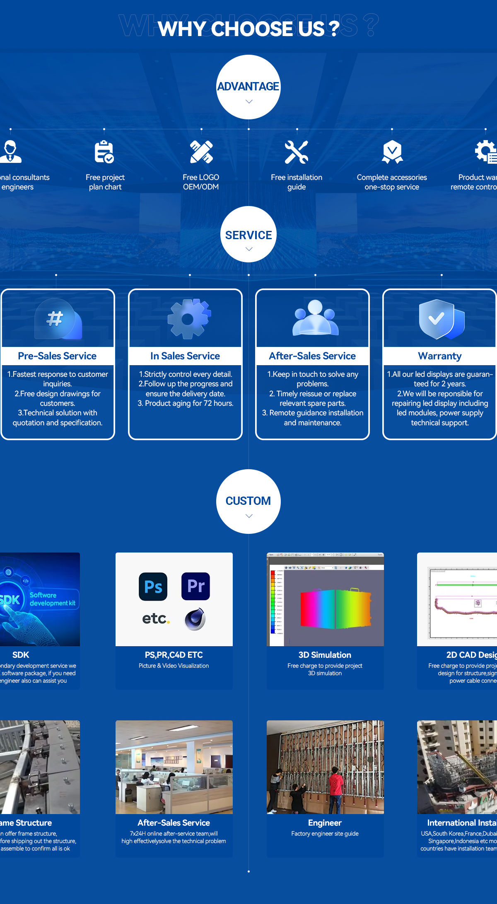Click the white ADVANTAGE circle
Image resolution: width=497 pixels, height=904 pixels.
(x=248, y=87)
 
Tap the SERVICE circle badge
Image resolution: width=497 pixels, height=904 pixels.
(x=248, y=234)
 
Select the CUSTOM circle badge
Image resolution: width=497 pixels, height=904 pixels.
(x=248, y=501)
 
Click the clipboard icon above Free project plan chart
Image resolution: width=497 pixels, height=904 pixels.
(x=104, y=152)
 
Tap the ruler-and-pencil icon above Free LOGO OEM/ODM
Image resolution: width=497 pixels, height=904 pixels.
(x=201, y=152)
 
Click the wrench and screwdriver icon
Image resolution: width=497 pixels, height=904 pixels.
(x=297, y=152)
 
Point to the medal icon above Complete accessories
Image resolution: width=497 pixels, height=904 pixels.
(x=392, y=151)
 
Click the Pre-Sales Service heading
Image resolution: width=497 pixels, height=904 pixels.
(x=57, y=356)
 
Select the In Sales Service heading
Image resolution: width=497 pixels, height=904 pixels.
(x=185, y=356)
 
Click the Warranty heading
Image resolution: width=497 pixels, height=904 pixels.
(x=439, y=356)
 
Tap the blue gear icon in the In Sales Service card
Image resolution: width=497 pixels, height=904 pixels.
(x=189, y=319)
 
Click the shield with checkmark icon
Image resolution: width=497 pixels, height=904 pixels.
(x=440, y=319)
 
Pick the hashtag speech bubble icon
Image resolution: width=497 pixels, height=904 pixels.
(x=58, y=319)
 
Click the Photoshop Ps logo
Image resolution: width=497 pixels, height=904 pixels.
(x=153, y=587)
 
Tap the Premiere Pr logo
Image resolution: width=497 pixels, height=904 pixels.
(x=195, y=586)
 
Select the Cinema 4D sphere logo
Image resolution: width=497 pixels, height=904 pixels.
(x=195, y=619)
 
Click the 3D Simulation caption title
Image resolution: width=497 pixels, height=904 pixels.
(x=325, y=655)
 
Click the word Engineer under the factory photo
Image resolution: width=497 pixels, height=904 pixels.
(x=325, y=823)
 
